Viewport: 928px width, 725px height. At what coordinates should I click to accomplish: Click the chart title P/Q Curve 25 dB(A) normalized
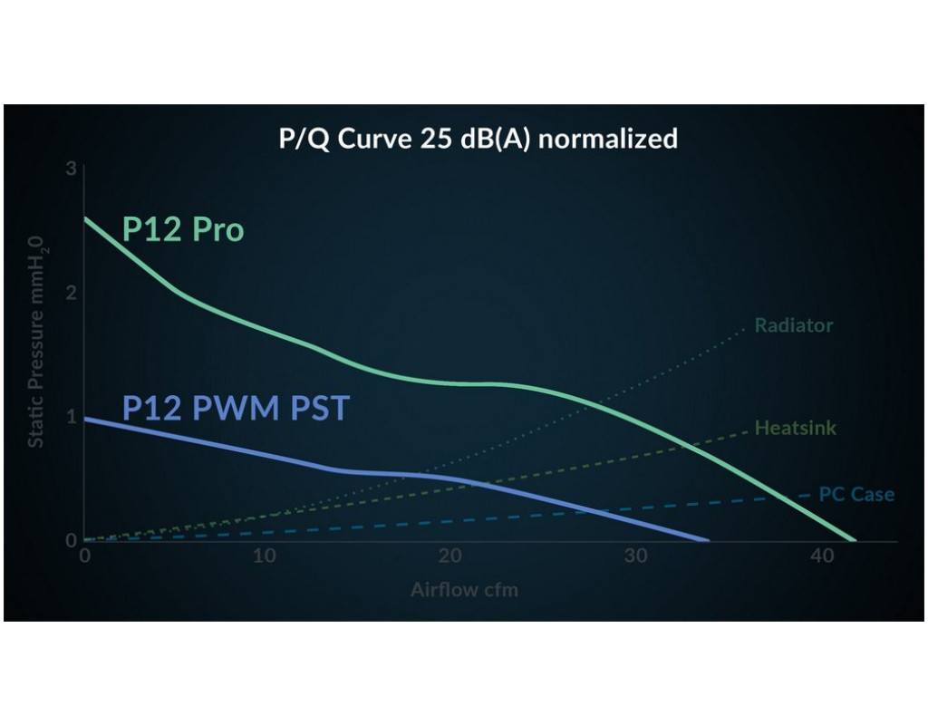478,139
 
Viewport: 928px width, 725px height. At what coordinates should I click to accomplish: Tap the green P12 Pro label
183,229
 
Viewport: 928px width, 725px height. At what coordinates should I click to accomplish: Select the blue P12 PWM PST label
235,409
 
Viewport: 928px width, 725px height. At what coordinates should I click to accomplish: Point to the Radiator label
794,325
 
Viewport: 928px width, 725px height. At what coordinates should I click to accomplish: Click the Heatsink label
796,428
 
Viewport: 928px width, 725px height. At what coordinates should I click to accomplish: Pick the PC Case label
856,495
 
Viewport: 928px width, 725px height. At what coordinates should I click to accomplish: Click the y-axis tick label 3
71,169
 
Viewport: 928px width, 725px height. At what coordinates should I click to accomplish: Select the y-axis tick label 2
71,294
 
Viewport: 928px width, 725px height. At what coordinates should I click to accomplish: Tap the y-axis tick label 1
71,417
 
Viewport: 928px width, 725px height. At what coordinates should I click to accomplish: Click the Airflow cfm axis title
464,590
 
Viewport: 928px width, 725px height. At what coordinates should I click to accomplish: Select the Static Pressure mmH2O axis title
36,343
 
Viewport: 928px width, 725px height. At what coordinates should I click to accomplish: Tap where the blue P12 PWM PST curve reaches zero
708,540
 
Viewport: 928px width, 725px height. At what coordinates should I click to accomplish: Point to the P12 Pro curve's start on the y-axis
84,218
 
